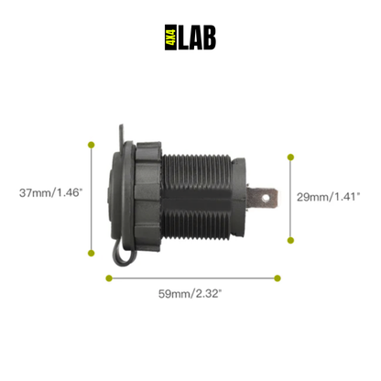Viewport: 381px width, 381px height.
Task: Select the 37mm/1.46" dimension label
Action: point(51,193)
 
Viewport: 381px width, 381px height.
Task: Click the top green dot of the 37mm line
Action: point(92,143)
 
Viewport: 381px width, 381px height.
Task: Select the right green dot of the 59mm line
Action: point(277,278)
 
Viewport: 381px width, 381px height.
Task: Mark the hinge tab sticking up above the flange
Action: point(121,137)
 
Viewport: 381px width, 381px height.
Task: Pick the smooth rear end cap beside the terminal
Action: point(237,195)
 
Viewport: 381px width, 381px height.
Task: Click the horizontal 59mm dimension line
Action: point(192,278)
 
